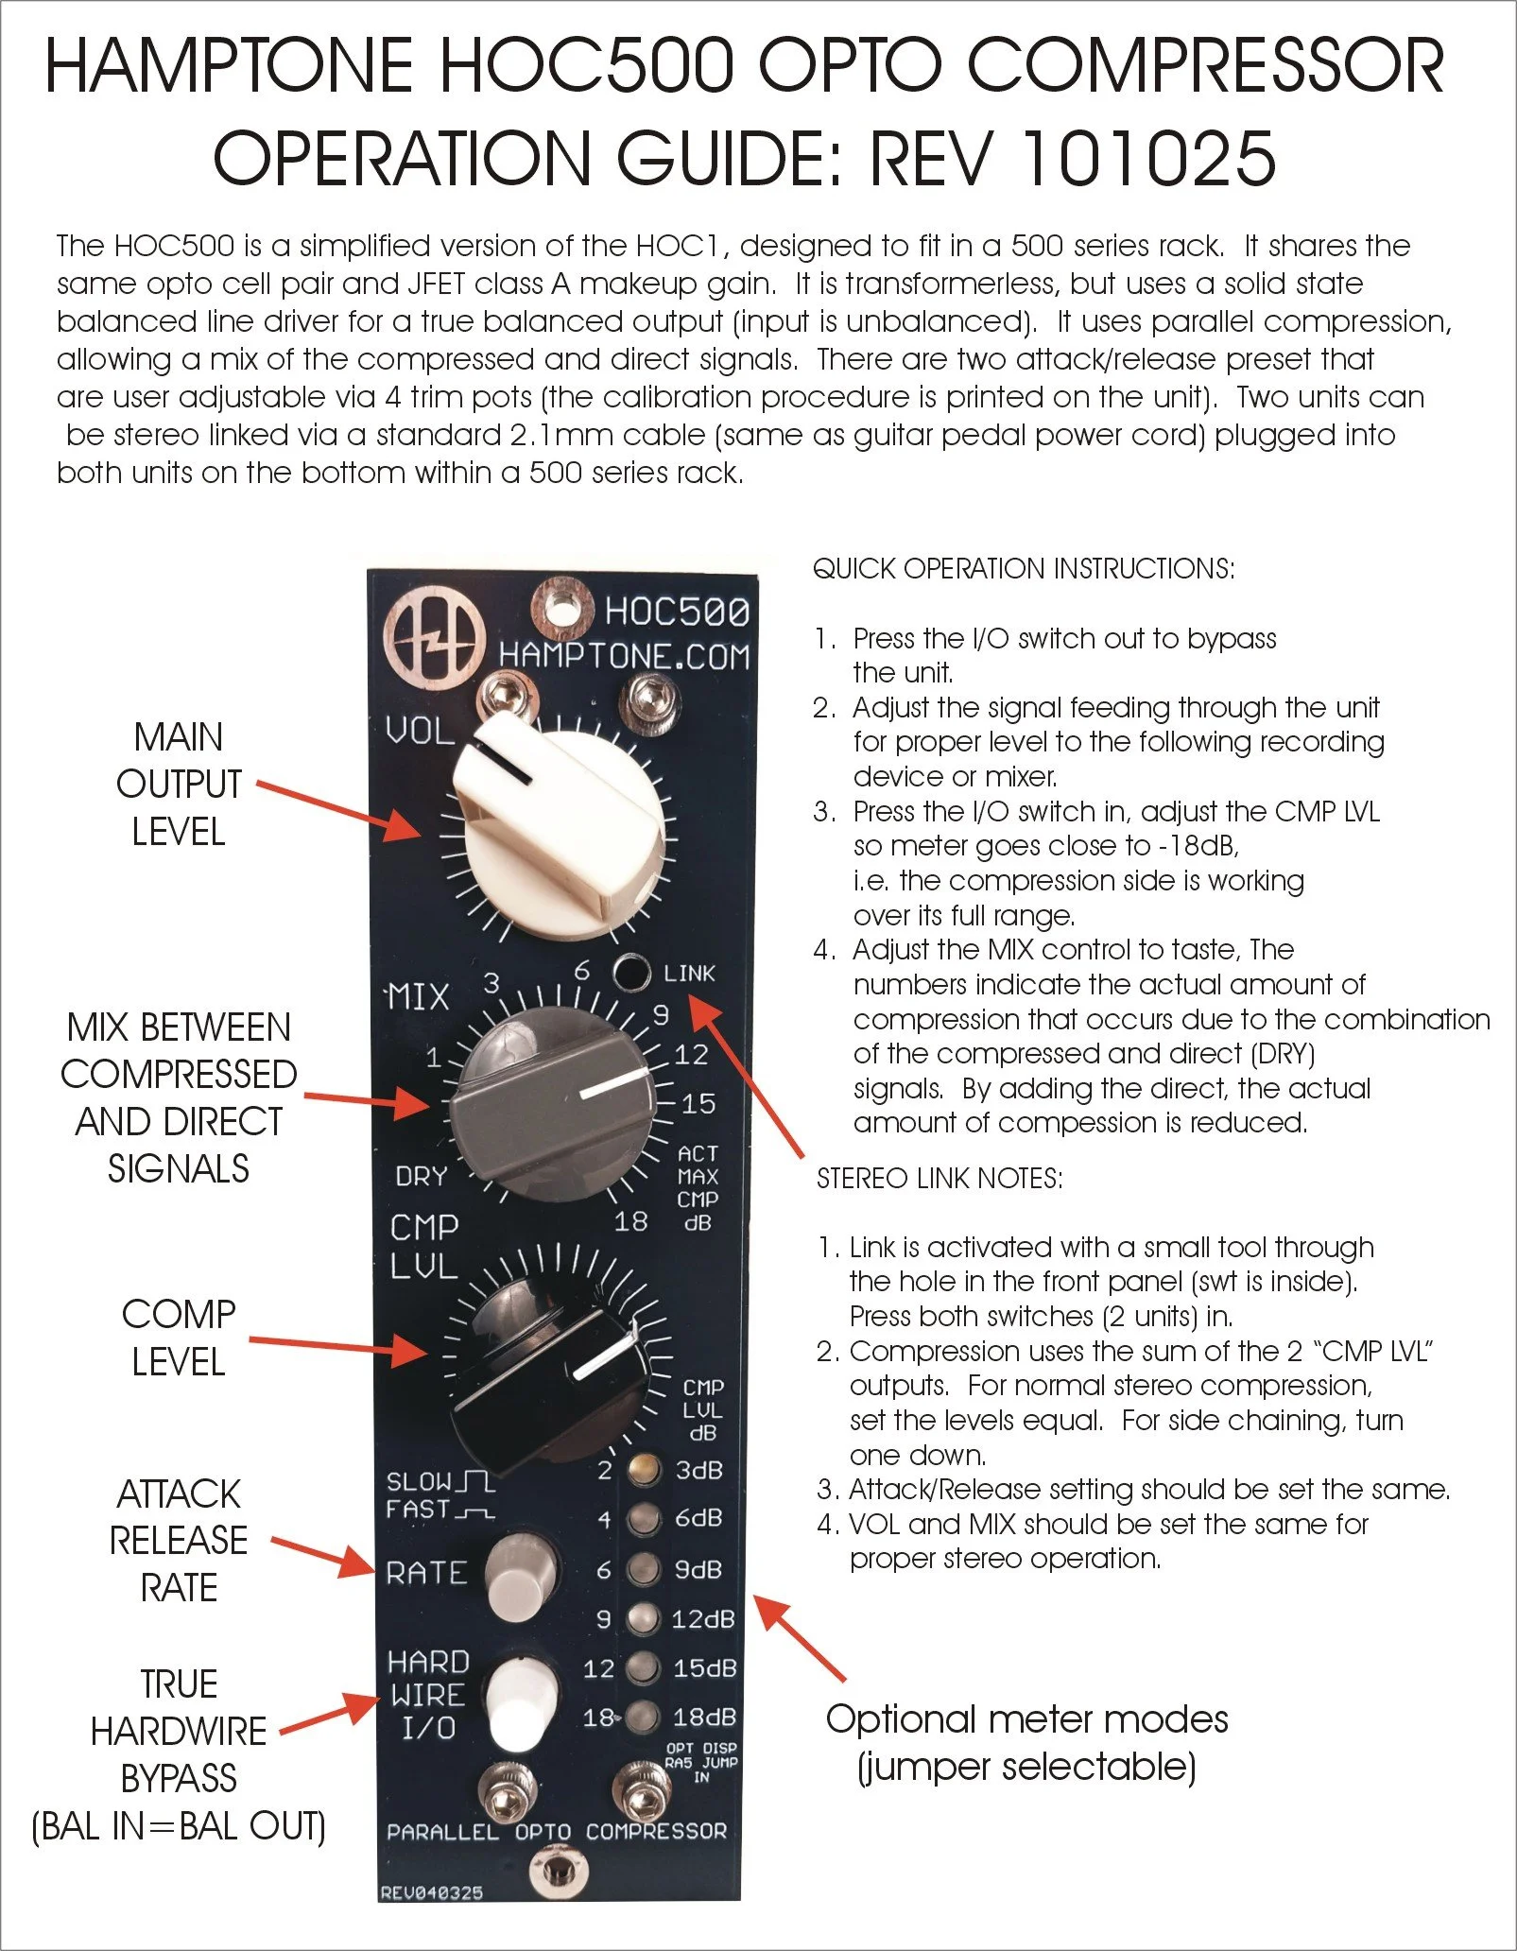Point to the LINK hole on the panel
click(x=630, y=973)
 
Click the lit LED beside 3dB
click(x=644, y=1469)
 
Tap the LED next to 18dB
click(x=644, y=1716)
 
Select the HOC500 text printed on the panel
click(x=677, y=612)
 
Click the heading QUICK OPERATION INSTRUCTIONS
click(x=1024, y=569)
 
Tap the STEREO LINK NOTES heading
click(x=940, y=1179)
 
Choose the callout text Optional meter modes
click(x=1026, y=1719)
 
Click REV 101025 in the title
click(x=1073, y=158)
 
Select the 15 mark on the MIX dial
click(x=698, y=1103)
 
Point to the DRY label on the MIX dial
click(x=422, y=1177)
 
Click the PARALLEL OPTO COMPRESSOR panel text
click(x=557, y=1831)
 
